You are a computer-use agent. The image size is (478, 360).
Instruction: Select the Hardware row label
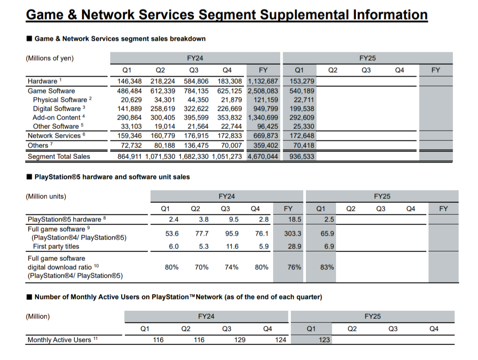pyautogui.click(x=42, y=81)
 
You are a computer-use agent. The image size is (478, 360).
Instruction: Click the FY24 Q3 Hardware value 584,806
pyautogui.click(x=197, y=81)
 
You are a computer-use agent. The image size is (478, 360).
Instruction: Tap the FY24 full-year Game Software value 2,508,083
pyautogui.click(x=263, y=90)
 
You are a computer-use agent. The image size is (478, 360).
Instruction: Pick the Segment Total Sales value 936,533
pyautogui.click(x=302, y=156)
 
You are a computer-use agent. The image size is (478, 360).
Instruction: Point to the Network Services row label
pyautogui.click(x=54, y=135)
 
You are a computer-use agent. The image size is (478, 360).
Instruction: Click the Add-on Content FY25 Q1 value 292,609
pyautogui.click(x=302, y=117)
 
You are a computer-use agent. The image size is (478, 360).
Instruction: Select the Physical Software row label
pyautogui.click(x=60, y=100)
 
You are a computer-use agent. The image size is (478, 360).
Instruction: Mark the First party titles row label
pyautogui.click(x=56, y=247)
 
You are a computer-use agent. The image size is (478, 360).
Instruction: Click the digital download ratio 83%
pyautogui.click(x=327, y=267)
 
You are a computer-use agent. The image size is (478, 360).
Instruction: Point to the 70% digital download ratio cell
pyautogui.click(x=202, y=267)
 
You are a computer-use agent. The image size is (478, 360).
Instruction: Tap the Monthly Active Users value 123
pyautogui.click(x=324, y=340)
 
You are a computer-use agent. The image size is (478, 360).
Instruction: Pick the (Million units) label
pyautogui.click(x=46, y=196)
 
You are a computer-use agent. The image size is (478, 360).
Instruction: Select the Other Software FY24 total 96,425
pyautogui.click(x=265, y=127)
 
